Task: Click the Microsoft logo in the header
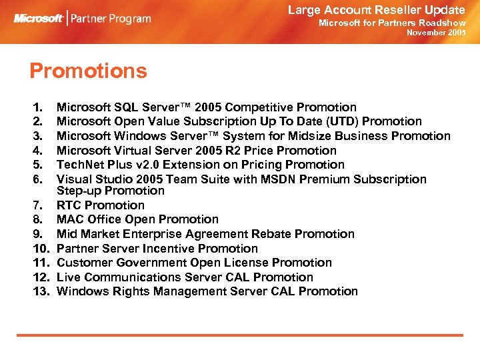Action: [x=39, y=19]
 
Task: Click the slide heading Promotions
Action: [x=88, y=71]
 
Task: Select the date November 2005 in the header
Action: [x=436, y=33]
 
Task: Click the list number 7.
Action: [x=37, y=205]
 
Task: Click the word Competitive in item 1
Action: [x=261, y=107]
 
